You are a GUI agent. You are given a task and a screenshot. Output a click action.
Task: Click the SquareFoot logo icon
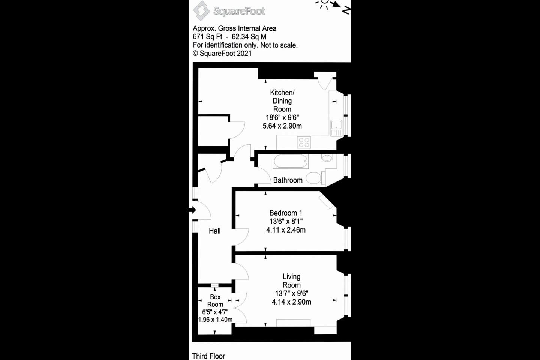pos(201,10)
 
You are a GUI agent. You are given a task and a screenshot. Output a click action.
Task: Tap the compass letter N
pos(346,11)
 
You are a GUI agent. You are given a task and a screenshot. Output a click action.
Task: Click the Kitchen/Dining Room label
pos(282,100)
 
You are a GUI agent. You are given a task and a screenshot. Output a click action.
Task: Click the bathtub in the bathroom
pos(291,162)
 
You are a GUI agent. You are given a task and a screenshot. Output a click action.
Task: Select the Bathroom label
pos(288,180)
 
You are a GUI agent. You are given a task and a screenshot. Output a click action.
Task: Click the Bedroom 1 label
pos(286,213)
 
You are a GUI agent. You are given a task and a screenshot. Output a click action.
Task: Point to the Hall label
pos(214,231)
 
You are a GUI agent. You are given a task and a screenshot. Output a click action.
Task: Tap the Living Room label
pos(291,280)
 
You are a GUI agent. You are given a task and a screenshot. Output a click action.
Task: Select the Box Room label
pos(215,300)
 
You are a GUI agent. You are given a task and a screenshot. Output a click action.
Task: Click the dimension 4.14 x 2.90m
pos(291,302)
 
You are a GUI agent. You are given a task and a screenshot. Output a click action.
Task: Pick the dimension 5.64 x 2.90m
pos(282,126)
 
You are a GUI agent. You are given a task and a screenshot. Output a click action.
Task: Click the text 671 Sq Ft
pos(207,37)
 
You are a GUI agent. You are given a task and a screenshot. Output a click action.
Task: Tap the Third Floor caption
pos(208,356)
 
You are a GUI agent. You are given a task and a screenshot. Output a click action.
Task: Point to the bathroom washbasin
pos(327,158)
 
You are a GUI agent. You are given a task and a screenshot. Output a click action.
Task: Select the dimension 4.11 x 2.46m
pos(286,230)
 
